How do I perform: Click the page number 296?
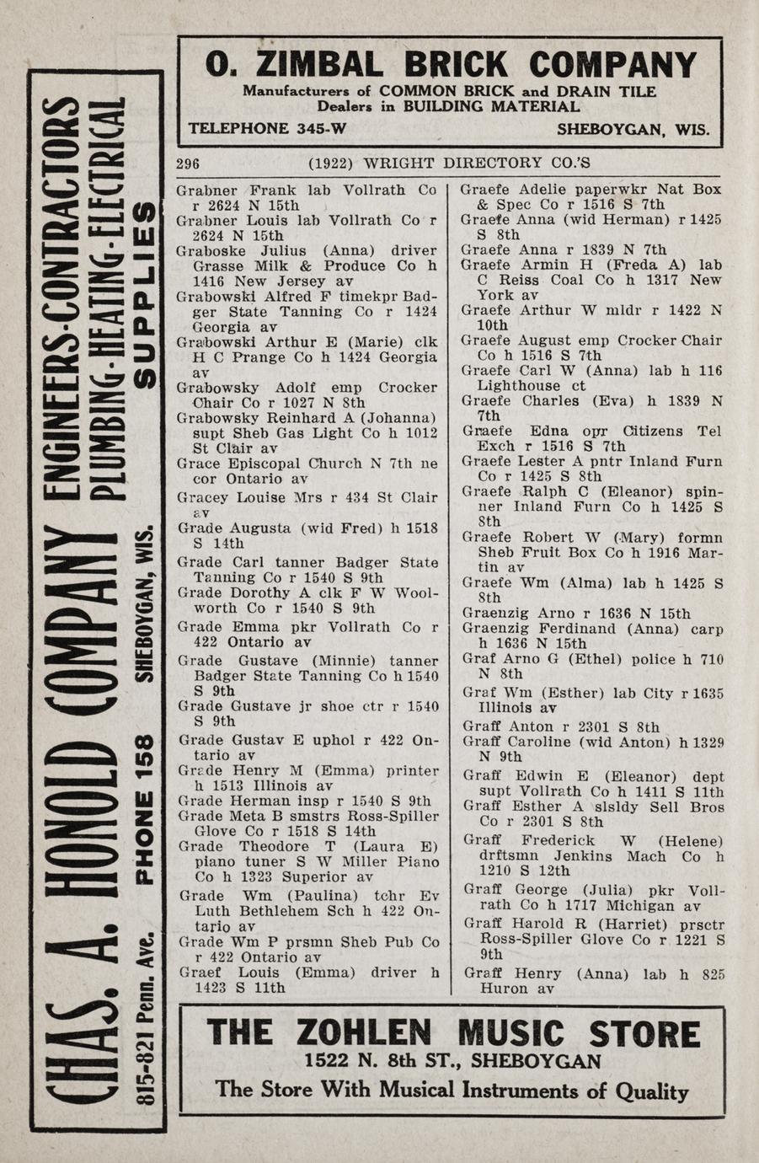(x=188, y=163)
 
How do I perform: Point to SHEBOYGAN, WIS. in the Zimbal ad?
(x=633, y=131)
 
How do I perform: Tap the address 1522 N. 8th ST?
(x=381, y=1061)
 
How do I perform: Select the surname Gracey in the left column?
(x=200, y=498)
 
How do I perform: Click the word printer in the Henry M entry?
(x=412, y=770)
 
